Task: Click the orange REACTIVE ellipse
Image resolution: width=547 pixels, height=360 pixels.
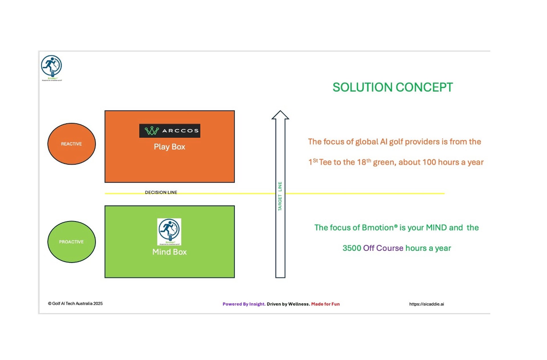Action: pyautogui.click(x=72, y=144)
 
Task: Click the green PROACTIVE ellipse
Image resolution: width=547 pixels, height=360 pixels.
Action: pyautogui.click(x=72, y=242)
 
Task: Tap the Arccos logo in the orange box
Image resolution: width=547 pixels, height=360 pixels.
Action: pyautogui.click(x=170, y=131)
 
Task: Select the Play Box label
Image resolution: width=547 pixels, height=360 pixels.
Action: pyautogui.click(x=170, y=147)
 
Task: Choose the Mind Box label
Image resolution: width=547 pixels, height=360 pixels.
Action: pyautogui.click(x=170, y=252)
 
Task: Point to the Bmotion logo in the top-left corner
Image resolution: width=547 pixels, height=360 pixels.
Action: pyautogui.click(x=52, y=68)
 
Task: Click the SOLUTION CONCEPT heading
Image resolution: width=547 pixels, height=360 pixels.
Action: pyautogui.click(x=393, y=87)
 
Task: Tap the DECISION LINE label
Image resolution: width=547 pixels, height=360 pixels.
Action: pyautogui.click(x=161, y=192)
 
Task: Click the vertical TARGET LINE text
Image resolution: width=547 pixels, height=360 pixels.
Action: pyautogui.click(x=280, y=196)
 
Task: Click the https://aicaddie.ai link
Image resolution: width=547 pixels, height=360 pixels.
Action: pyautogui.click(x=426, y=304)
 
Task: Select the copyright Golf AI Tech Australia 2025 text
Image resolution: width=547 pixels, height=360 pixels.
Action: pyautogui.click(x=75, y=304)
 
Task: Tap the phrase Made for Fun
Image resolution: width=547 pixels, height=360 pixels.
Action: pyautogui.click(x=325, y=304)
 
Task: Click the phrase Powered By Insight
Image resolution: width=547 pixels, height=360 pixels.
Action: pyautogui.click(x=244, y=304)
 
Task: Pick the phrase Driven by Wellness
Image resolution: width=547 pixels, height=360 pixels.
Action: pyautogui.click(x=288, y=304)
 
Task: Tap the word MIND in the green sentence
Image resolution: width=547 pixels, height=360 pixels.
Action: pyautogui.click(x=436, y=227)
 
